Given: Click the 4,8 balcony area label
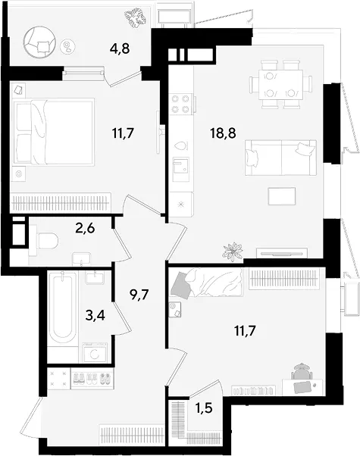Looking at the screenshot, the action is [x=120, y=48].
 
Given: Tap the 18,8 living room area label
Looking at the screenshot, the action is [x=223, y=133].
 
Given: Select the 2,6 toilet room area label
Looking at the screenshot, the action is [x=85, y=228].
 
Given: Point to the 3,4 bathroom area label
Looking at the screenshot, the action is [x=95, y=314].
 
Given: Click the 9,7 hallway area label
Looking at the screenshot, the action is [x=139, y=295].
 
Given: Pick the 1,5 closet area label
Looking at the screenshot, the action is [x=204, y=408].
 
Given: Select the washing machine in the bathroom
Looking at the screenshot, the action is [x=95, y=353].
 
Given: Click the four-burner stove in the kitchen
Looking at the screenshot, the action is [x=180, y=104].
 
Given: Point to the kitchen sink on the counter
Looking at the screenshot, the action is [x=180, y=169].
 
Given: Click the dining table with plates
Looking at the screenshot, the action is [x=280, y=84].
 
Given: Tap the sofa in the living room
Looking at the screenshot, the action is [x=280, y=158].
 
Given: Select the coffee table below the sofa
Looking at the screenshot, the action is [x=282, y=196].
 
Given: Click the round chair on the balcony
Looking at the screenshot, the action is [x=40, y=42].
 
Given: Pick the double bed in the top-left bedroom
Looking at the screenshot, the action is [x=53, y=132].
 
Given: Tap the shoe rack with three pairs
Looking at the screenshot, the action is [x=92, y=379].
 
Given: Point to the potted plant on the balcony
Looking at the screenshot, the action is [x=135, y=19].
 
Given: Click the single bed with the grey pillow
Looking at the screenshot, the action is [x=207, y=283].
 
